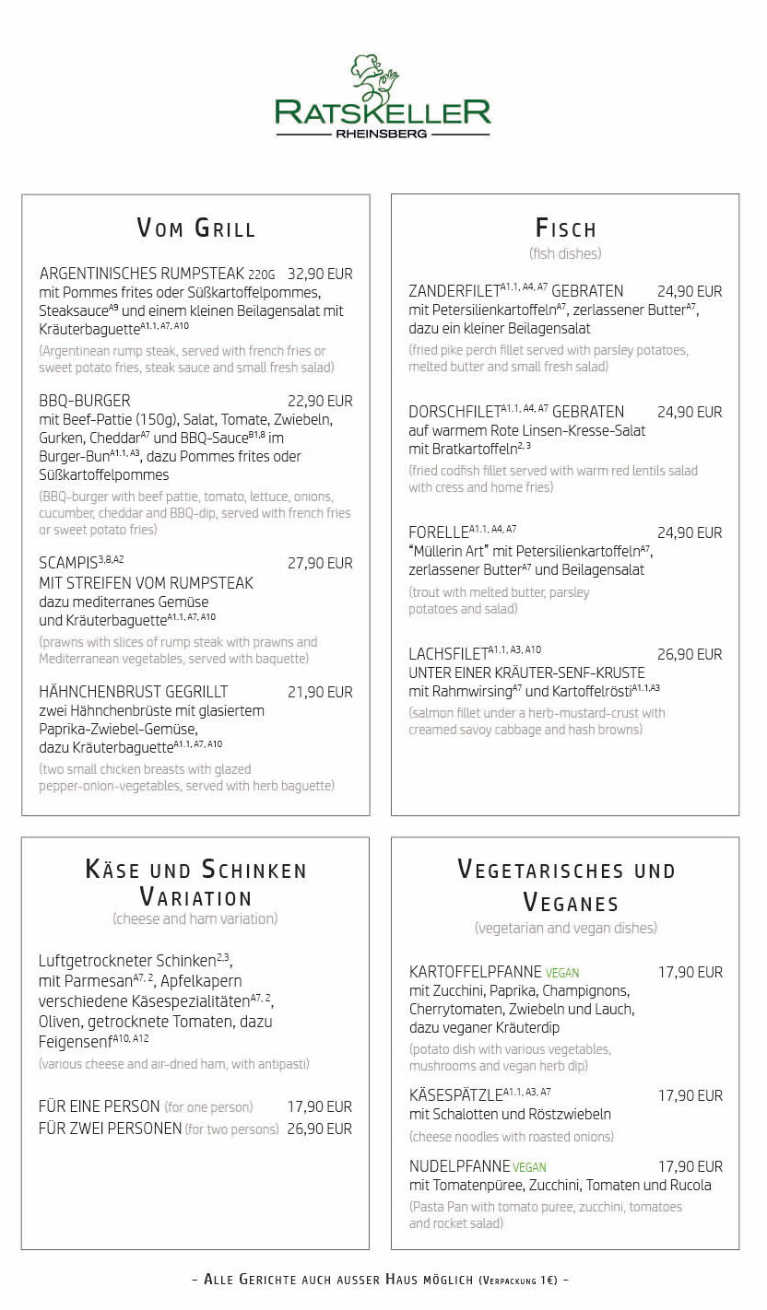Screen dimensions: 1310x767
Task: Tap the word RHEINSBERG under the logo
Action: tap(382, 134)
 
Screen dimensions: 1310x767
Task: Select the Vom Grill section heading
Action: tap(195, 228)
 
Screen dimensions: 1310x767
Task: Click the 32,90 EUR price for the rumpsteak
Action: tap(320, 274)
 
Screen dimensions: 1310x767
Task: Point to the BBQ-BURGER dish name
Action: tap(85, 401)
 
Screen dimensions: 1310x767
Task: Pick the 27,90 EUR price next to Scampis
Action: tap(320, 563)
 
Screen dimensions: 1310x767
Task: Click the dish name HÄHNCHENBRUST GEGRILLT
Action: tap(134, 692)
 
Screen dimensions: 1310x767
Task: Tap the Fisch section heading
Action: tap(565, 228)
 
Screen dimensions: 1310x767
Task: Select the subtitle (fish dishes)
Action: tap(565, 253)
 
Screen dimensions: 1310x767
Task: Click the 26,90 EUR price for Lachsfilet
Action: tap(690, 654)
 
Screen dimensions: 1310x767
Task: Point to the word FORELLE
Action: tap(439, 532)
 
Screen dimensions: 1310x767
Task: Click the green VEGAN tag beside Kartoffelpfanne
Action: tap(562, 973)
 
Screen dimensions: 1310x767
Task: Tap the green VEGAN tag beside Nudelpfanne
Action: tap(530, 1167)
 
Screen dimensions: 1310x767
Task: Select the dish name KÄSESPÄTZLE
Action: tap(455, 1095)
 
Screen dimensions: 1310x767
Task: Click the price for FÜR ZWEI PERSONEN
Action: tap(320, 1129)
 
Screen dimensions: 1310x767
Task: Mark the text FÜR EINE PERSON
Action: tap(100, 1106)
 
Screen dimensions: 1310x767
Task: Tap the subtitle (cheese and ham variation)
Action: tap(195, 918)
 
